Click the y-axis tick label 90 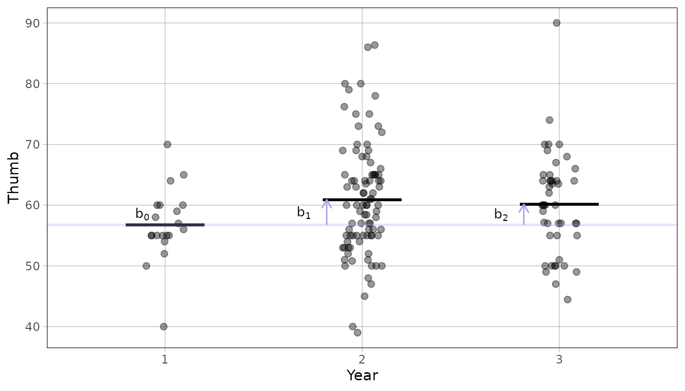coord(33,23)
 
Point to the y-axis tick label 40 coord(33,327)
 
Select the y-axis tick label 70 coord(33,145)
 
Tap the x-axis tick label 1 coord(165,359)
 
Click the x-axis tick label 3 coord(559,359)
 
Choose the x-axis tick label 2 coord(362,359)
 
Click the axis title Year coord(362,375)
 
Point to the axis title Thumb coord(13,178)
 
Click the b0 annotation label coord(142,214)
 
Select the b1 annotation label coord(304,212)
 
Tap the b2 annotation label coord(501,214)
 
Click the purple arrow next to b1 coord(327,212)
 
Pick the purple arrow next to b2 coord(524,214)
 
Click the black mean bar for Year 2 coord(362,200)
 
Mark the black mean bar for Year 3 coord(559,204)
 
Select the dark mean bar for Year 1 coord(165,225)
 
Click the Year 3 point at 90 coord(557,23)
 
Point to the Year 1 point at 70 coord(167,145)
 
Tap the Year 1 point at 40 coord(164,326)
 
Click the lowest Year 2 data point coord(357,332)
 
